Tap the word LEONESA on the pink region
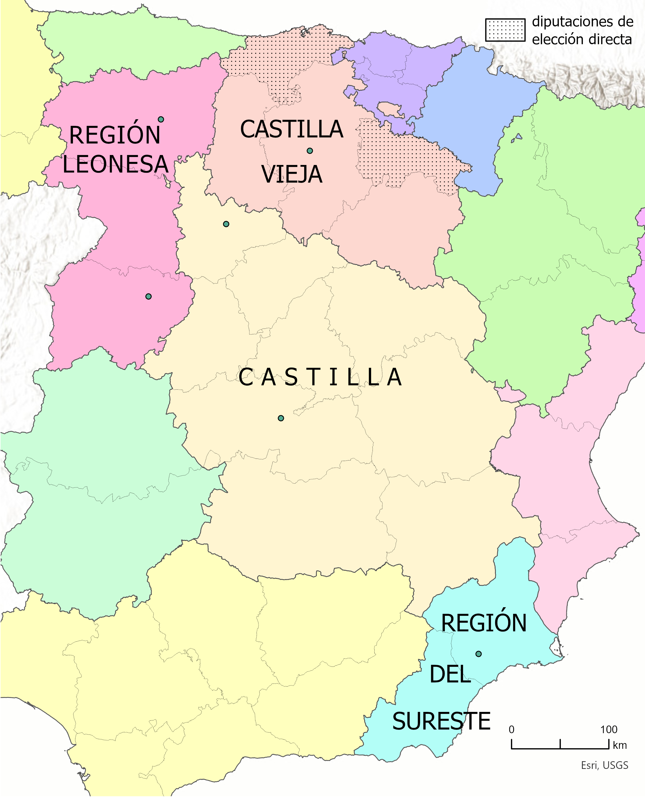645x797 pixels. tap(115, 164)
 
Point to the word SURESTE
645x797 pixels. tap(441, 722)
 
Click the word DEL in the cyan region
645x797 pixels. tap(450, 674)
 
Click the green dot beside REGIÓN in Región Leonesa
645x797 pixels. tap(161, 119)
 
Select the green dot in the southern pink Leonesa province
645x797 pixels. tap(148, 296)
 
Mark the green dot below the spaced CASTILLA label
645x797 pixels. tap(281, 418)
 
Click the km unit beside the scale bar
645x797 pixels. tap(620, 745)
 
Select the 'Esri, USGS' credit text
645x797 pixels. tap(605, 765)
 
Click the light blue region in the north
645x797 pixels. tap(476, 112)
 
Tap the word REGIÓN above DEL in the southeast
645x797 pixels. tap(484, 623)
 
